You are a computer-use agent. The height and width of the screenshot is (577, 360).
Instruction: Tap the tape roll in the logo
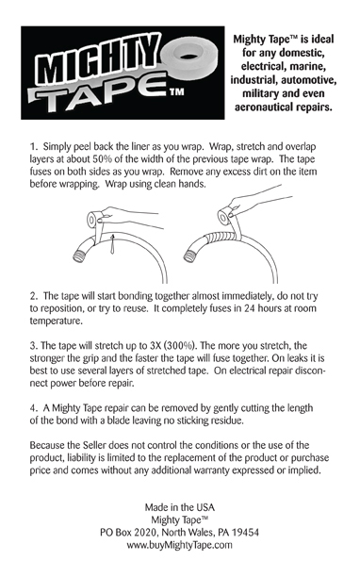click(x=189, y=57)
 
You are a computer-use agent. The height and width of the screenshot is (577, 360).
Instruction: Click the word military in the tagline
click(x=259, y=93)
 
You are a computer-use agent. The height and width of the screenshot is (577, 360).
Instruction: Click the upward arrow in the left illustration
click(x=113, y=243)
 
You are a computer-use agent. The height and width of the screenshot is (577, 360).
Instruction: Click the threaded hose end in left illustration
click(x=80, y=256)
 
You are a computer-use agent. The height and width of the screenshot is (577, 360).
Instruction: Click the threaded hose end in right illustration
click(x=190, y=256)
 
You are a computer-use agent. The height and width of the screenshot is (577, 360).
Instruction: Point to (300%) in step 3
click(x=179, y=346)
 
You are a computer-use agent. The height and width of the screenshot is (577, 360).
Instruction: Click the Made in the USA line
click(x=180, y=507)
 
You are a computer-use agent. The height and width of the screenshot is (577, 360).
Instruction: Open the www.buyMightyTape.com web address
click(x=180, y=545)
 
